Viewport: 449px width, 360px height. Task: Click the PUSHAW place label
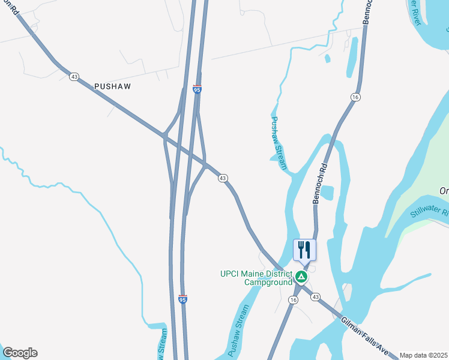tap(112, 86)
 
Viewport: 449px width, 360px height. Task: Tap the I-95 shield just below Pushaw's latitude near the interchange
tap(197, 89)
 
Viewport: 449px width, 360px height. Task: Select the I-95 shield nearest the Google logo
tap(183, 298)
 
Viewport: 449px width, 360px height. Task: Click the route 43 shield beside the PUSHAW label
tap(74, 77)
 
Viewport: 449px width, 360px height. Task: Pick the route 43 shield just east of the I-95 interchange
tap(223, 178)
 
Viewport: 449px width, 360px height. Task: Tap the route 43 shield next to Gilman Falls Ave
tap(316, 297)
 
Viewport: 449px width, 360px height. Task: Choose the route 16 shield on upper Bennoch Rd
tap(355, 97)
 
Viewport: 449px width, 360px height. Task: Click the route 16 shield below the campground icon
tap(293, 299)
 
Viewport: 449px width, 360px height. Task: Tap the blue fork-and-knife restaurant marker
tap(304, 250)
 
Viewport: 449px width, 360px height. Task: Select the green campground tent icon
tap(301, 277)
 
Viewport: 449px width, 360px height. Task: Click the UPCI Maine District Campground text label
tap(256, 278)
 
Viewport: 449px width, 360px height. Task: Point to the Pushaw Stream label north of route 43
tap(277, 143)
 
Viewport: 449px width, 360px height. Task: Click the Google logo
tap(20, 353)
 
